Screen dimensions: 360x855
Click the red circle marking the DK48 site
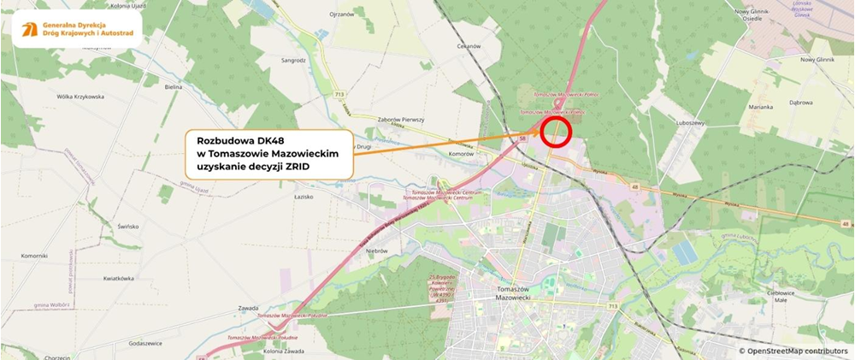click(x=556, y=132)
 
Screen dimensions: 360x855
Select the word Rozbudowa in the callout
click(x=224, y=139)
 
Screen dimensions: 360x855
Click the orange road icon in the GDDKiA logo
click(x=29, y=30)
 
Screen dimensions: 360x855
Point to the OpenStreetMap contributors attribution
click(x=793, y=351)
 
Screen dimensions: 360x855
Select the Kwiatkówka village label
click(x=119, y=279)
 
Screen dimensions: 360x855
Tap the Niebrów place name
click(x=377, y=251)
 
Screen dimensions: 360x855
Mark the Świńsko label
click(x=128, y=226)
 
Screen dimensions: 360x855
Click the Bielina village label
click(x=174, y=87)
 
